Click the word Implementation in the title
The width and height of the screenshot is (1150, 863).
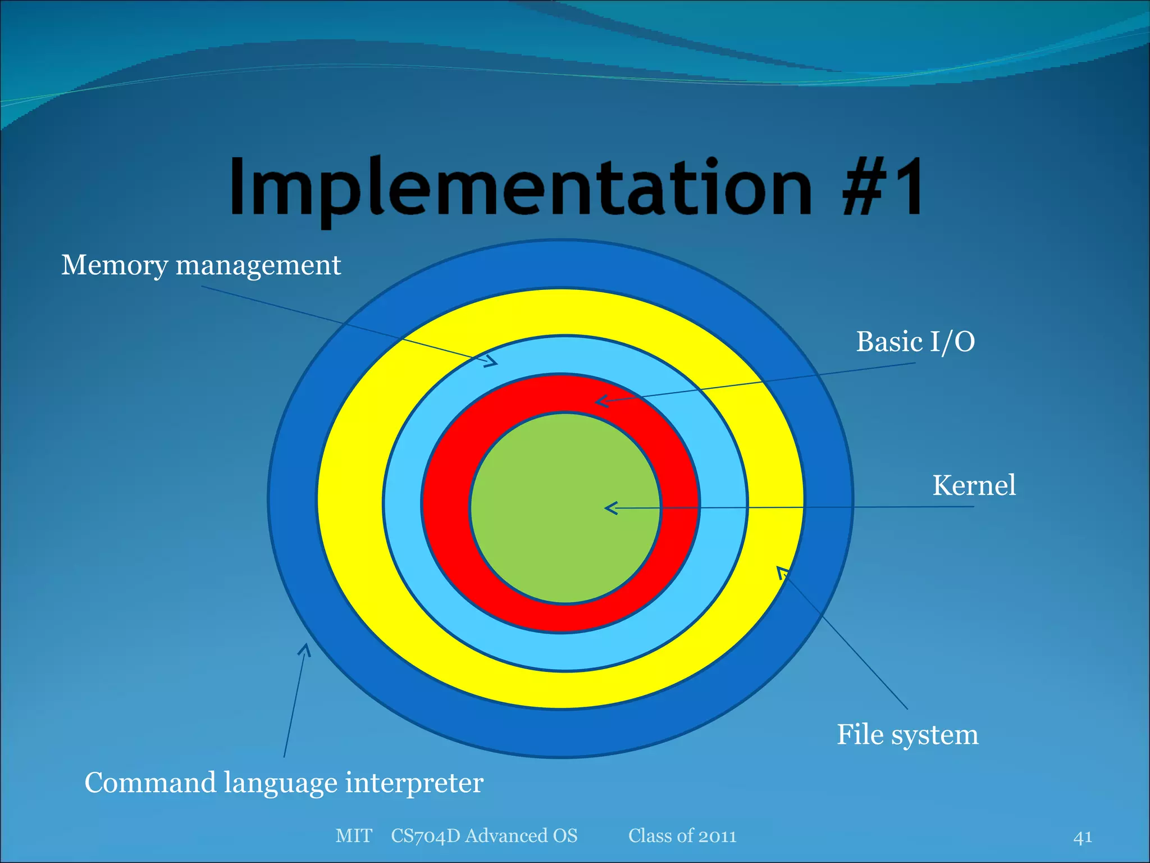point(519,187)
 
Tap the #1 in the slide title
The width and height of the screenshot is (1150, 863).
point(883,187)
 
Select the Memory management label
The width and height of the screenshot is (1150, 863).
point(200,265)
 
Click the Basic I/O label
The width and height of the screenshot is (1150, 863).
point(915,342)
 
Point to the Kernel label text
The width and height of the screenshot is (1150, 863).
point(974,485)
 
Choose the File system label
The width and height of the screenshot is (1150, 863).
point(907,734)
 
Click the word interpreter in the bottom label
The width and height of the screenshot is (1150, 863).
point(414,783)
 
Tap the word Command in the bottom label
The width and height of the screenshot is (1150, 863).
point(150,783)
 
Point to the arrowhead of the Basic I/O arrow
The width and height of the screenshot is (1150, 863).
point(598,402)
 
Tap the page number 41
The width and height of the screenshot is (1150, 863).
point(1082,837)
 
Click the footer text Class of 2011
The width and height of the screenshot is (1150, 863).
point(682,836)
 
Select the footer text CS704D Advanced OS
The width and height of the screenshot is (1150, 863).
point(484,836)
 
